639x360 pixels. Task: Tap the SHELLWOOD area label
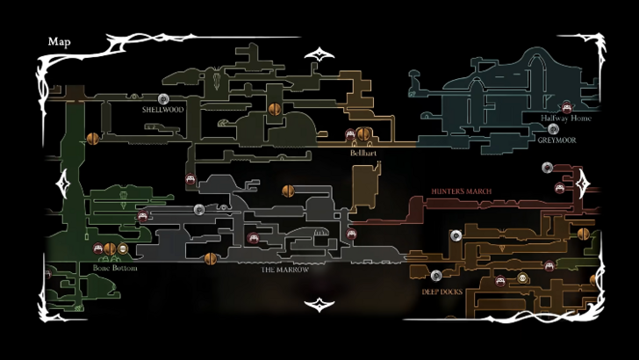[162, 111]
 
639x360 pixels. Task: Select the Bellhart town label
[363, 153]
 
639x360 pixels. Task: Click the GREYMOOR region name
[558, 140]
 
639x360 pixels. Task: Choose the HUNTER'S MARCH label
[461, 191]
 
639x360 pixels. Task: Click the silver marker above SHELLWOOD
[162, 98]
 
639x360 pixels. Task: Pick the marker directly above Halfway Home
[567, 106]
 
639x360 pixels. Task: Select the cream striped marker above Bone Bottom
[123, 249]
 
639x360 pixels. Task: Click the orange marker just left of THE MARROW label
[210, 258]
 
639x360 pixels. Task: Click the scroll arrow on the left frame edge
[62, 184]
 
